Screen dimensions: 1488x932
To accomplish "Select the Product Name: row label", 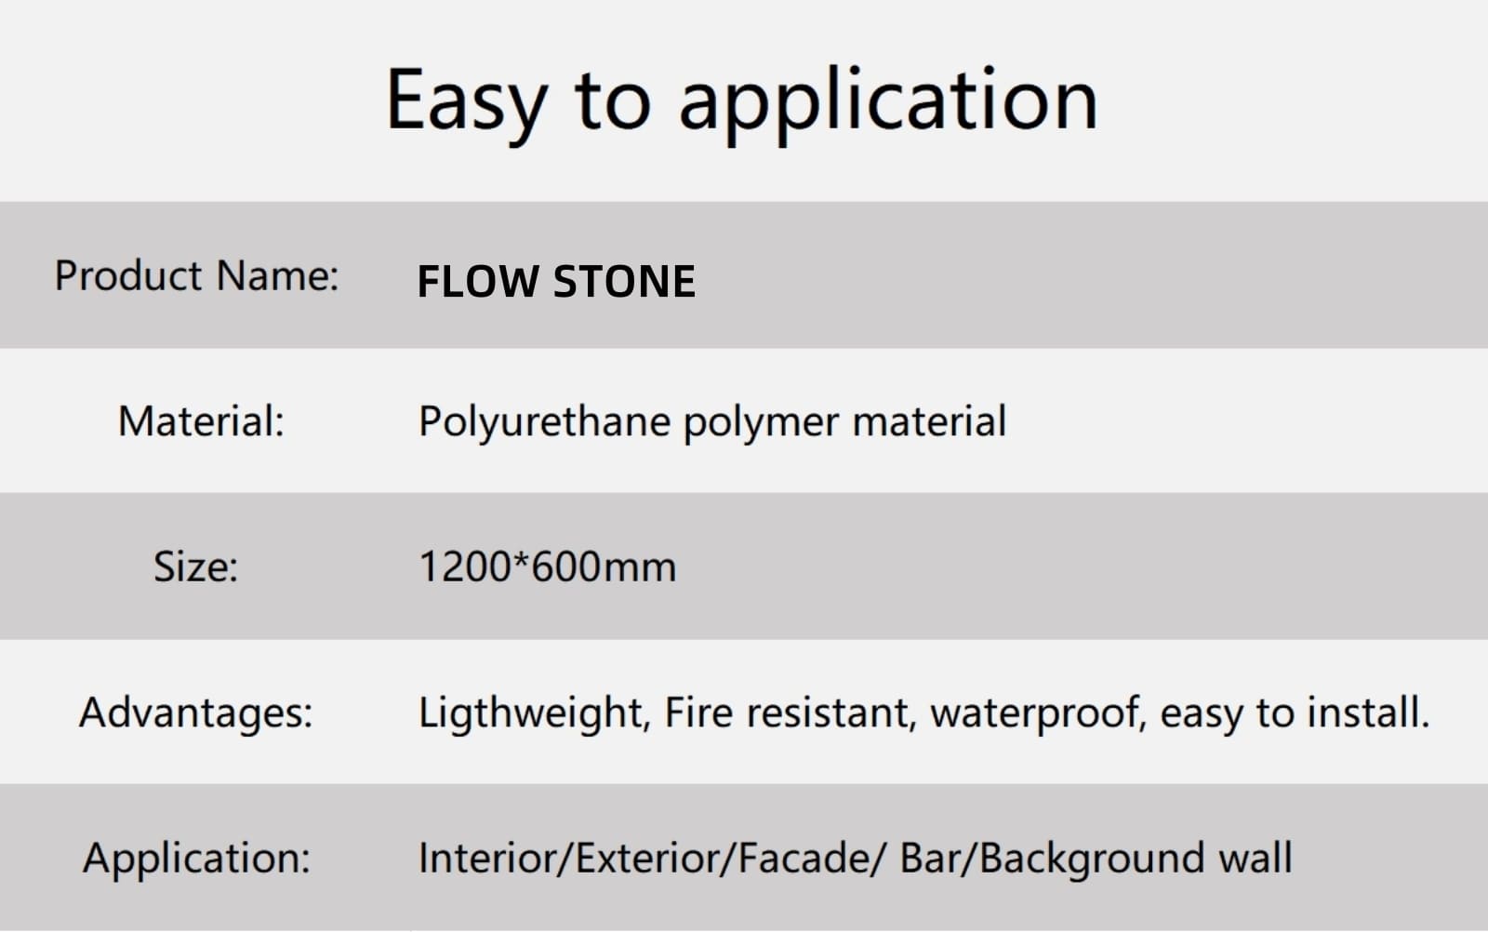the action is pos(196,275).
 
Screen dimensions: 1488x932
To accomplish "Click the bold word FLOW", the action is pos(478,281).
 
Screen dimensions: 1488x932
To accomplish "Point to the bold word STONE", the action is pos(624,281).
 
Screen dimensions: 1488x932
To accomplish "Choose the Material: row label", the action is pos(201,421).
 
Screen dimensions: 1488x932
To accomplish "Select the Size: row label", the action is pos(196,567).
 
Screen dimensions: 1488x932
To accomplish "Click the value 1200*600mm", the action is pos(548,566).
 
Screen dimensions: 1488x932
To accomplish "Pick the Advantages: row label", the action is pos(195,712).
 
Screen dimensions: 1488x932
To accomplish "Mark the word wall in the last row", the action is pos(1255,858).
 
